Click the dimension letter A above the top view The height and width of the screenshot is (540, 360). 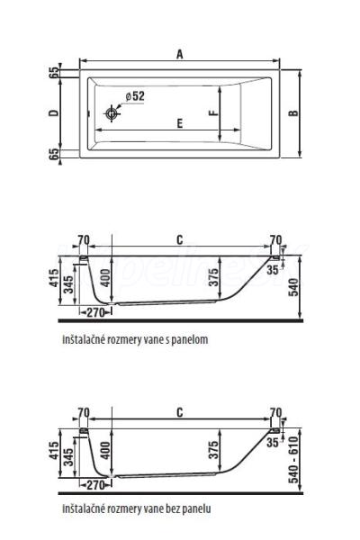click(x=179, y=54)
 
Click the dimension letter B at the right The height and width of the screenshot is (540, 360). click(x=293, y=113)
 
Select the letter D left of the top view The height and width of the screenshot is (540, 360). click(x=54, y=112)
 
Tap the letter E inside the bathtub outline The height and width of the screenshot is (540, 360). click(x=179, y=123)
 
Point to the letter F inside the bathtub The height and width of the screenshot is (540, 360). click(x=213, y=113)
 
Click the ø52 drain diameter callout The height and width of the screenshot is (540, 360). click(x=135, y=96)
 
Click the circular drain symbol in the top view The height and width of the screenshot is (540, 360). click(x=111, y=113)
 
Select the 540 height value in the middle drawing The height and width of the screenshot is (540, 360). click(x=293, y=287)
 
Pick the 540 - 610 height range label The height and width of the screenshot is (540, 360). click(x=293, y=459)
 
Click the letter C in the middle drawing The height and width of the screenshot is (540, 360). click(x=179, y=240)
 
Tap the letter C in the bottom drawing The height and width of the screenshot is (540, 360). click(x=179, y=412)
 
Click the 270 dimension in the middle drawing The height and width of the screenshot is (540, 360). click(x=95, y=312)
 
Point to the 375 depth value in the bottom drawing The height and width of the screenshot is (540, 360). click(x=213, y=450)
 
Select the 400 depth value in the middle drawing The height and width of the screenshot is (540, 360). click(x=106, y=278)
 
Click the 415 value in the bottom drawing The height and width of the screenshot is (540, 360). click(x=54, y=451)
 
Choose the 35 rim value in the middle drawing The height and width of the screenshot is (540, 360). click(x=273, y=270)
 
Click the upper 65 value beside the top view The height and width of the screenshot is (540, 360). click(x=54, y=72)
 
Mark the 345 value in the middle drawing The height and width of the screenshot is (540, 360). click(x=69, y=284)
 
